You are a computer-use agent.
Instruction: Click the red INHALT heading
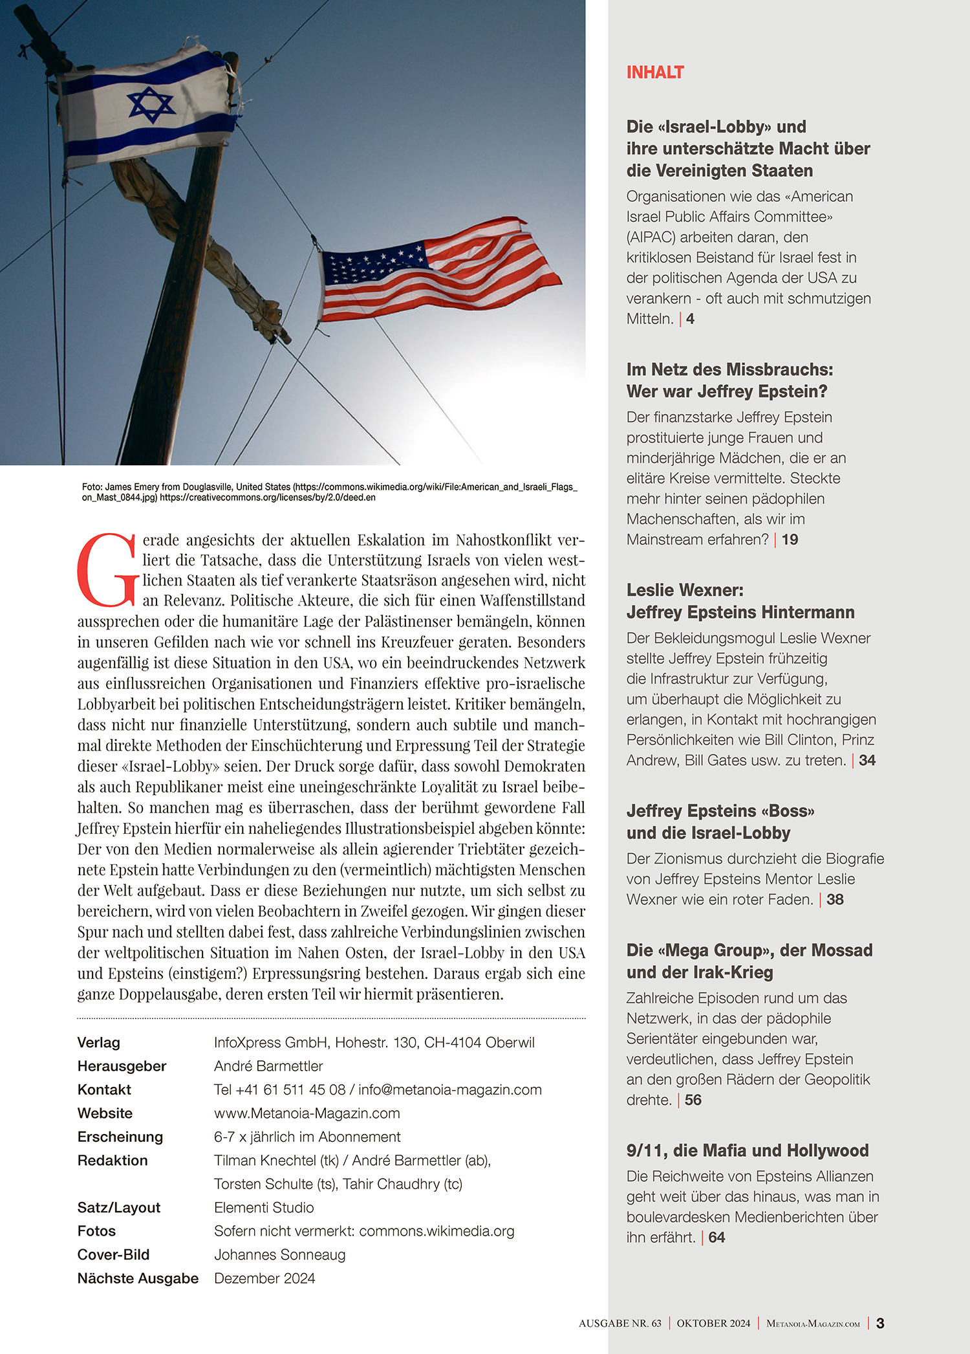point(654,72)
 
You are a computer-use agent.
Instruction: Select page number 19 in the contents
point(790,540)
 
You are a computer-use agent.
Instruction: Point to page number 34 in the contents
point(867,761)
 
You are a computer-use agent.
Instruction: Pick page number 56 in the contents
point(693,1100)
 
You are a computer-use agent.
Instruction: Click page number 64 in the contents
point(717,1238)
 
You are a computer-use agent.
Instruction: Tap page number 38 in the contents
point(835,900)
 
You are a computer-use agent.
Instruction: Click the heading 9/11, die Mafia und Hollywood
point(747,1150)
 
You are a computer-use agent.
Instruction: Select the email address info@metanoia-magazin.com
point(450,1089)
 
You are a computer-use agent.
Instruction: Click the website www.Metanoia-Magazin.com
point(307,1113)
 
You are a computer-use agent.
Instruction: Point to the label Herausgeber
point(122,1066)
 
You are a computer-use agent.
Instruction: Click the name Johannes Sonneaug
point(280,1255)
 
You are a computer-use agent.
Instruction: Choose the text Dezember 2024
point(264,1278)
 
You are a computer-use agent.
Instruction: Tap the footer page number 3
point(880,1324)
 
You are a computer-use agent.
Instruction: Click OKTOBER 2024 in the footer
point(713,1324)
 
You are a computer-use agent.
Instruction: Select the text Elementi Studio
point(264,1208)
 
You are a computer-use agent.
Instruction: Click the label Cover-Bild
point(113,1255)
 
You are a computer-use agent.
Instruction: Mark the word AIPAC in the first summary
point(652,237)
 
